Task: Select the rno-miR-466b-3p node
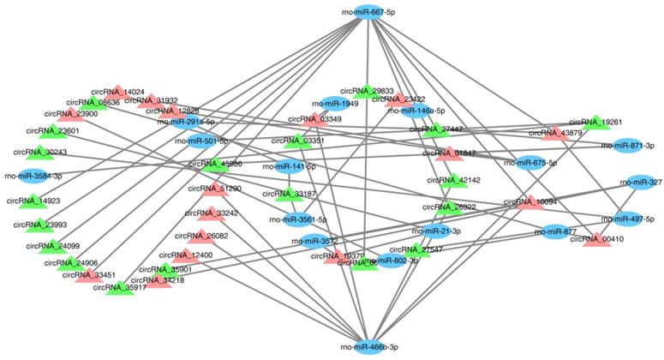coord(369,345)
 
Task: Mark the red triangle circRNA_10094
coord(530,202)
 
